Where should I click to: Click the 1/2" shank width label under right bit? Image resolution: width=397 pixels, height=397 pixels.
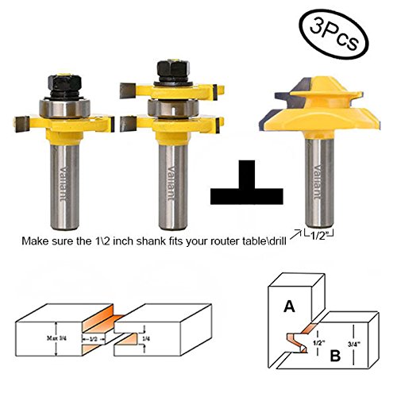point(318,232)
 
